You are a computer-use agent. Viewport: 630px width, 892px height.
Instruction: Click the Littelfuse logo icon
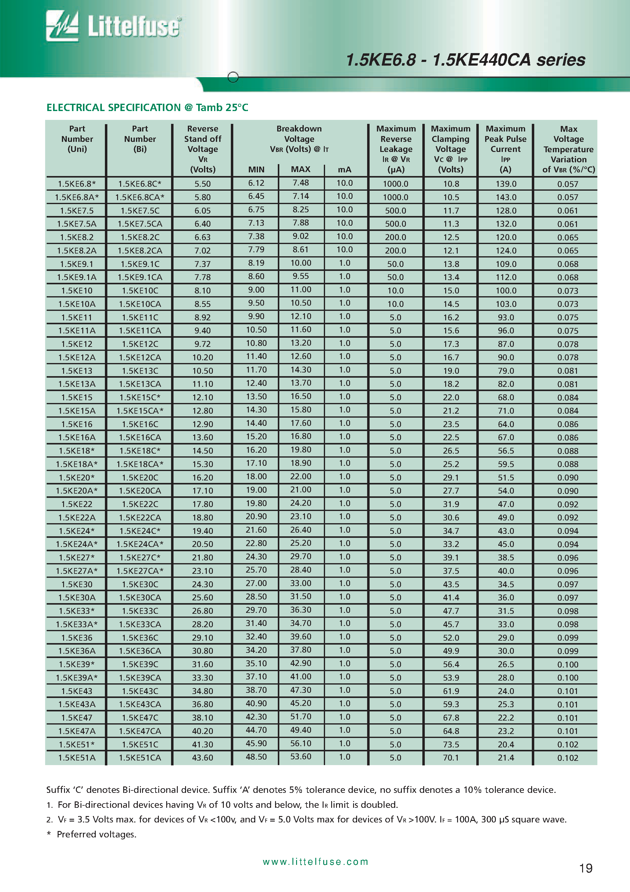(62, 26)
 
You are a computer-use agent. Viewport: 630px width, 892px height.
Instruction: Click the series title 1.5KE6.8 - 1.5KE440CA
(465, 60)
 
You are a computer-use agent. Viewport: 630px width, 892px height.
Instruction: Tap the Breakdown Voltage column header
(299, 139)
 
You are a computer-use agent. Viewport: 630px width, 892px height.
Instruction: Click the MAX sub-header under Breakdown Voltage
(301, 169)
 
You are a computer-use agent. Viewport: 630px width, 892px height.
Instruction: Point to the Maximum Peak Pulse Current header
(505, 149)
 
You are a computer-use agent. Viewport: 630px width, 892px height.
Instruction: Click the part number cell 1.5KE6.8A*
(77, 197)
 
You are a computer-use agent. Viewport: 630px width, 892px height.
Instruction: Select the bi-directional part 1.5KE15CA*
(140, 411)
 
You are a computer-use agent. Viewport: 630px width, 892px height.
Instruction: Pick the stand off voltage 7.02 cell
(202, 250)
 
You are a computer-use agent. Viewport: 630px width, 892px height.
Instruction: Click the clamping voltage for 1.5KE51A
(451, 757)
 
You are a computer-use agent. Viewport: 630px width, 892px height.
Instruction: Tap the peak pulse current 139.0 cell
(506, 184)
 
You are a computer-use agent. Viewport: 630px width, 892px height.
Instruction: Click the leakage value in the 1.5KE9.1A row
(396, 277)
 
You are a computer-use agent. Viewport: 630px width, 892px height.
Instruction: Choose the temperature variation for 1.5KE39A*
(567, 678)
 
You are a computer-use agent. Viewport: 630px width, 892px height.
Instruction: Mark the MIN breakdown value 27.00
(256, 584)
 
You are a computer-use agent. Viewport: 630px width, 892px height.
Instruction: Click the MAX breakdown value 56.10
(301, 744)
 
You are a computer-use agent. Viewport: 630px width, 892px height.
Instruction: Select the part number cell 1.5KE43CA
(140, 704)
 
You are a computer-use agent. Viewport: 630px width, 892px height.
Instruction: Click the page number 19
(585, 868)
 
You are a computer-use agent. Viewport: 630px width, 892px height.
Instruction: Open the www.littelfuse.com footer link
(315, 862)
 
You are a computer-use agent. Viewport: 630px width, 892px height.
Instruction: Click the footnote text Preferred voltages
(96, 834)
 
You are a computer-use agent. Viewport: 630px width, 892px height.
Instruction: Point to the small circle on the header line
(233, 77)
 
